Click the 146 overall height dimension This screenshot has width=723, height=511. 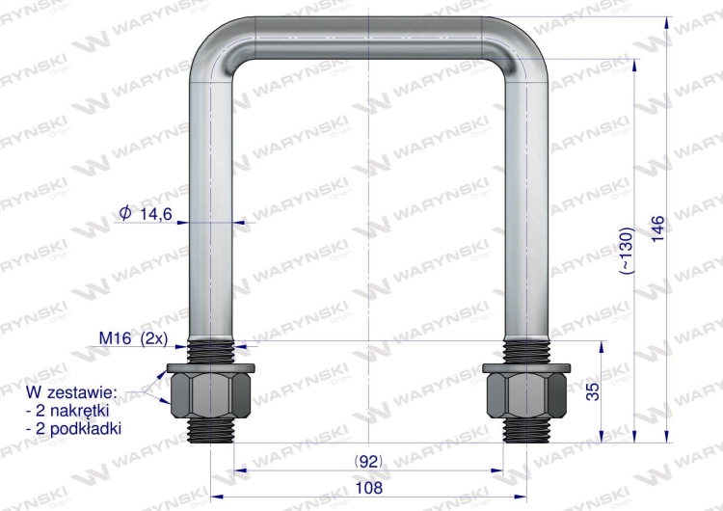click(658, 229)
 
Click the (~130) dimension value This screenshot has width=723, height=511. click(627, 251)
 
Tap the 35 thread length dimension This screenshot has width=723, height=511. click(594, 391)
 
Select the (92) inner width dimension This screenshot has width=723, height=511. click(368, 461)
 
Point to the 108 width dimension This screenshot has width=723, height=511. click(369, 488)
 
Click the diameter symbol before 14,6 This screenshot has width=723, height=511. click(125, 213)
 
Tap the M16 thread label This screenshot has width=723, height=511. click(116, 338)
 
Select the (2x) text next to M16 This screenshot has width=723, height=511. click(153, 338)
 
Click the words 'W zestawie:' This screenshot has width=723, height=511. click(71, 392)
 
